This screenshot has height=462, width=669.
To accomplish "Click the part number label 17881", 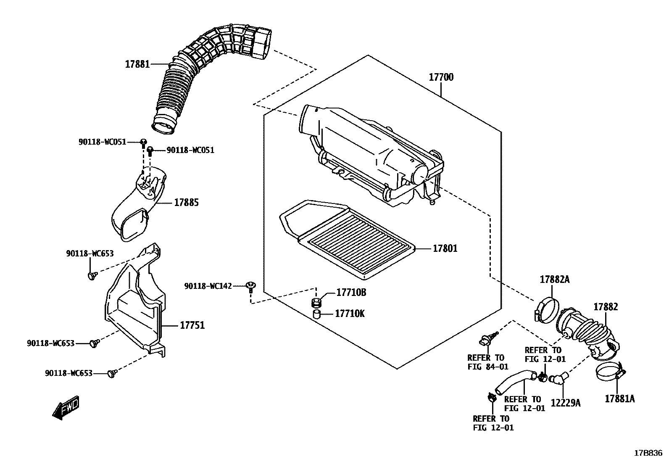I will tap(137, 64).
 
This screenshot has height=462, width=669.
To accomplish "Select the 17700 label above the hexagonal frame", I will tap(441, 77).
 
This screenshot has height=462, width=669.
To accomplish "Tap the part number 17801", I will tap(445, 248).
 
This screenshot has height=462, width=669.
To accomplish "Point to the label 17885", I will tap(187, 203).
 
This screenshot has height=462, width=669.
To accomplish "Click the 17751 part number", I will tap(192, 325).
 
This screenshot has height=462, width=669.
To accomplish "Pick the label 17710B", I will tap(351, 293).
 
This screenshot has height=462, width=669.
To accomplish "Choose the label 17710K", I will tap(350, 314).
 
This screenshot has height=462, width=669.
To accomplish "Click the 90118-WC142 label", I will tap(208, 286).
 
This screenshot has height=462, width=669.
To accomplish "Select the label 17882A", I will tap(554, 279).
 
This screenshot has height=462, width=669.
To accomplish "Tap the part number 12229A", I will tap(566, 403).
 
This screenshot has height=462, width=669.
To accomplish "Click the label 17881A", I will tap(619, 399).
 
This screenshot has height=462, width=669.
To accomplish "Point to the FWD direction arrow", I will tap(66, 407).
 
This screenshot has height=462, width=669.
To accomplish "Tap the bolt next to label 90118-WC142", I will tap(251, 286).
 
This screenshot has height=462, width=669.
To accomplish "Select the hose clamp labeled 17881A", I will tap(608, 372).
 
